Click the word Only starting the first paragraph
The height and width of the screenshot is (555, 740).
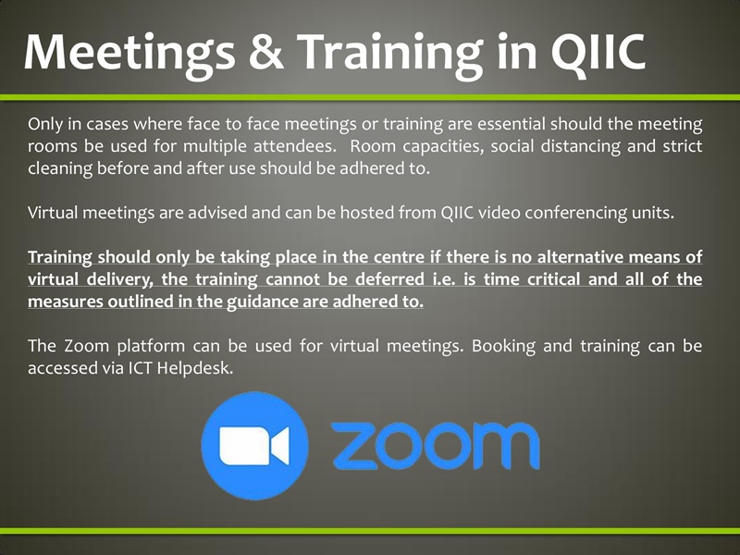46,123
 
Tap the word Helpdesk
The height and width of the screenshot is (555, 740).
204,368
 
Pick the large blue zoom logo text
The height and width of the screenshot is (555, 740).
435,448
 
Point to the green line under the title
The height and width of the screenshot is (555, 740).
370,95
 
